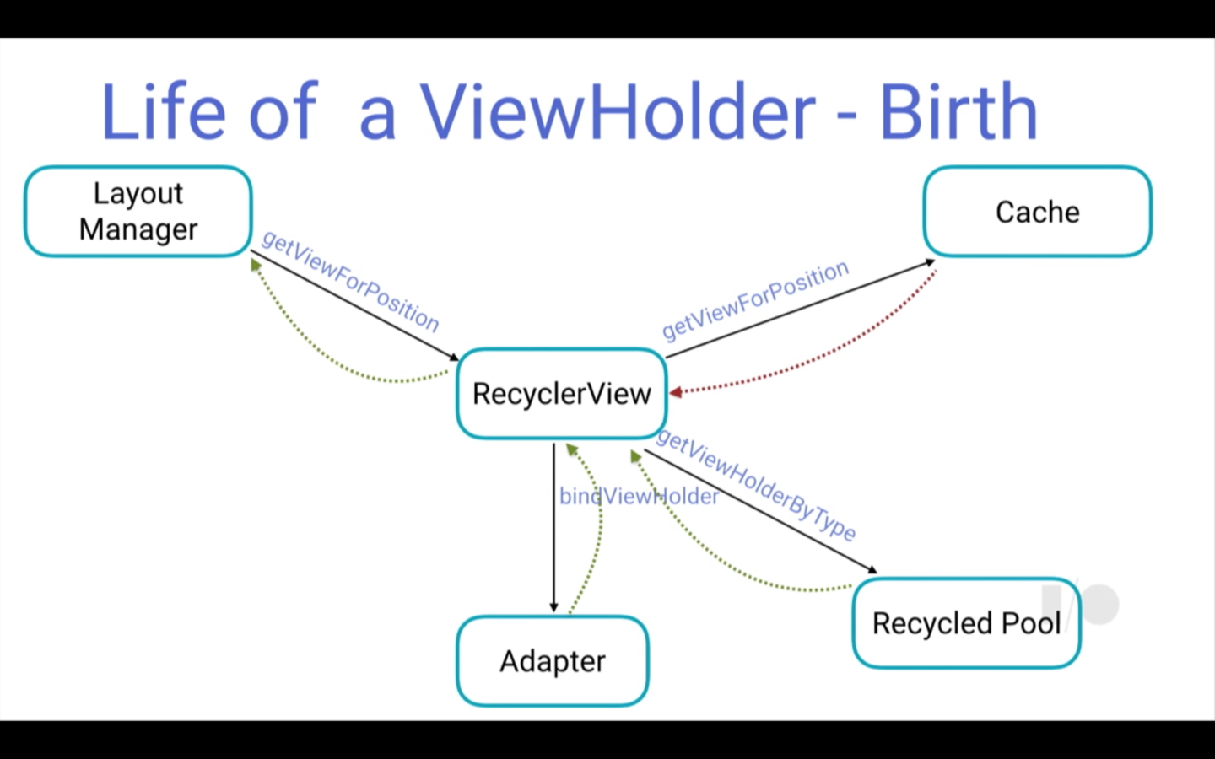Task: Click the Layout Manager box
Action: (x=138, y=211)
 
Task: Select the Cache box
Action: (x=1037, y=212)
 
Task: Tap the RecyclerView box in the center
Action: (x=562, y=394)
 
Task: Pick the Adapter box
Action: (x=553, y=661)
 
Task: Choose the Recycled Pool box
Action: (x=966, y=623)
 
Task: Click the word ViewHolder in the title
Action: (x=618, y=111)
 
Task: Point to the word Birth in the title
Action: (x=958, y=111)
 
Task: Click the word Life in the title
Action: (x=164, y=111)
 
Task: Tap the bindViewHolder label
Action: (x=639, y=497)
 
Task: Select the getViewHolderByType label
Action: (x=756, y=484)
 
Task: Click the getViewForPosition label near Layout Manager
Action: (x=350, y=281)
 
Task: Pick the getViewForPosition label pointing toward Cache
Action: (x=755, y=299)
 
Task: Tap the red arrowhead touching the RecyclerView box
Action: (x=675, y=392)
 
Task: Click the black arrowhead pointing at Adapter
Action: (x=553, y=606)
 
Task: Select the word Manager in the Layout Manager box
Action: (x=138, y=229)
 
